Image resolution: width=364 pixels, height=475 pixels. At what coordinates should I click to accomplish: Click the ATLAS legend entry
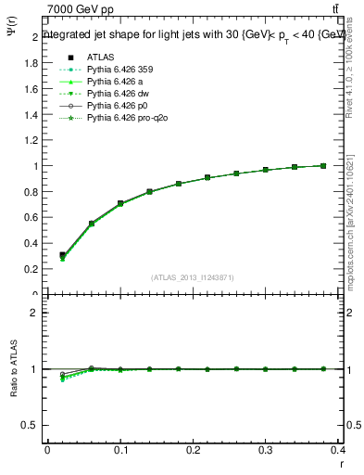pyautogui.click(x=100, y=57)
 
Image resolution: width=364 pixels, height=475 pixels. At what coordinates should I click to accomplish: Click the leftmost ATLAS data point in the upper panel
pyautogui.click(x=62, y=255)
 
